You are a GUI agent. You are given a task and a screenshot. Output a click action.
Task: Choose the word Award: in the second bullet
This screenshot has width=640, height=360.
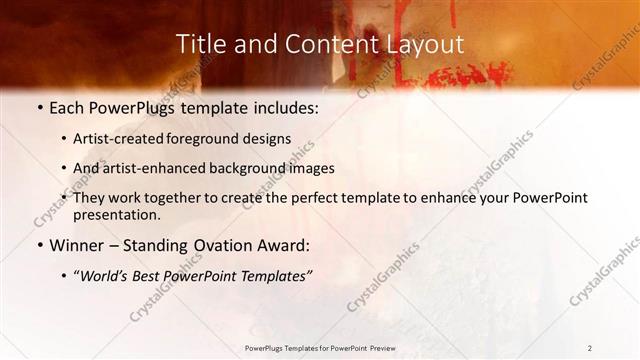[x=283, y=244]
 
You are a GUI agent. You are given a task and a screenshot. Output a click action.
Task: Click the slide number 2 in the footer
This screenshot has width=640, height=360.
[x=590, y=347]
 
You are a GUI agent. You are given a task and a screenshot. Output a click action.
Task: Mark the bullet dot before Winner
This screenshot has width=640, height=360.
[x=39, y=245]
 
